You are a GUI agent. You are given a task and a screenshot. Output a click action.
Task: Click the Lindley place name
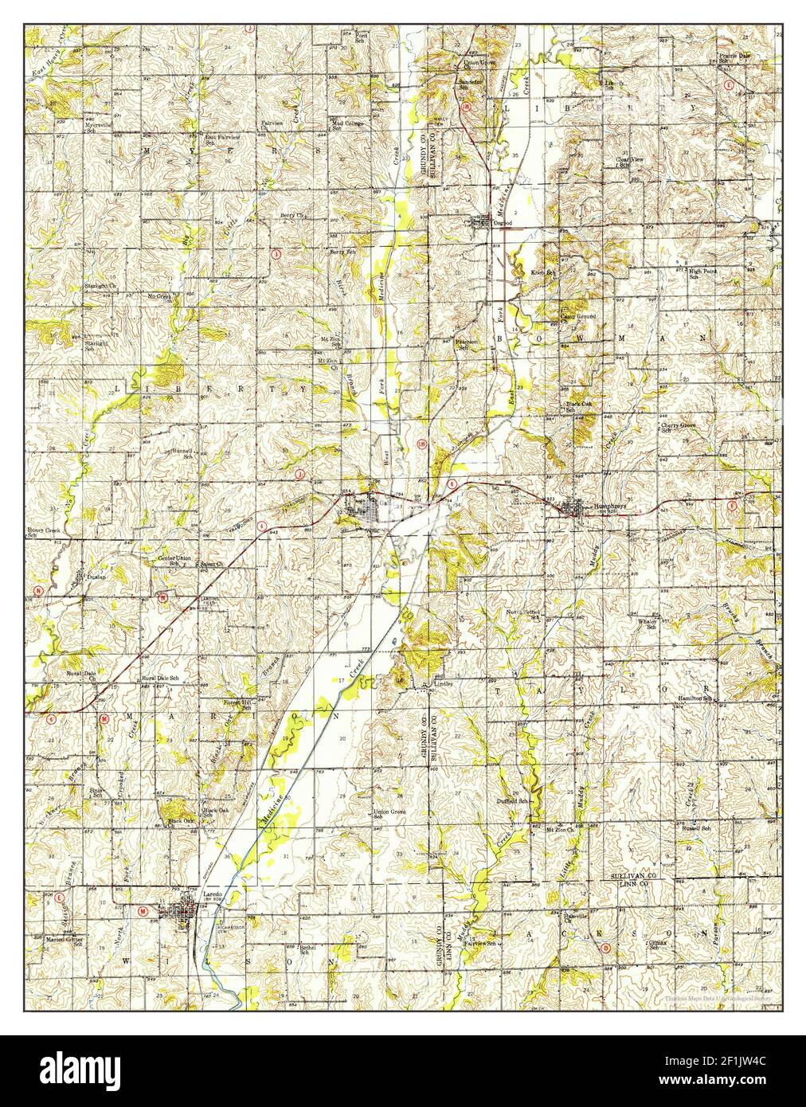(x=443, y=683)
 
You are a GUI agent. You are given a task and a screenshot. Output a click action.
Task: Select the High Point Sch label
(x=703, y=273)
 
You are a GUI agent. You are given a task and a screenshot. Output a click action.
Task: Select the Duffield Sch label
(x=512, y=801)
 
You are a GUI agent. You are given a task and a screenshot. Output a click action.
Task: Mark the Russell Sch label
(x=694, y=828)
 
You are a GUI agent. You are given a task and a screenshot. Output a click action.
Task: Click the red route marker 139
(x=421, y=443)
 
